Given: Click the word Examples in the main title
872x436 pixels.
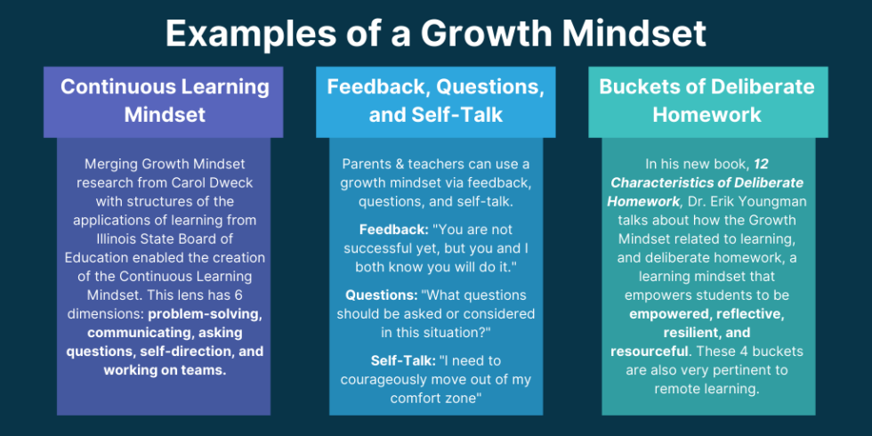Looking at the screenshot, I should coord(233,34).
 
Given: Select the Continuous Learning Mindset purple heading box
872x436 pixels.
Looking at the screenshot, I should coord(165,101).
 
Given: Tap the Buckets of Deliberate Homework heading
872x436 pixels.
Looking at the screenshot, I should coord(706,101).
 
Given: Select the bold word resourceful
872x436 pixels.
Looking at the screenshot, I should coord(649,351).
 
